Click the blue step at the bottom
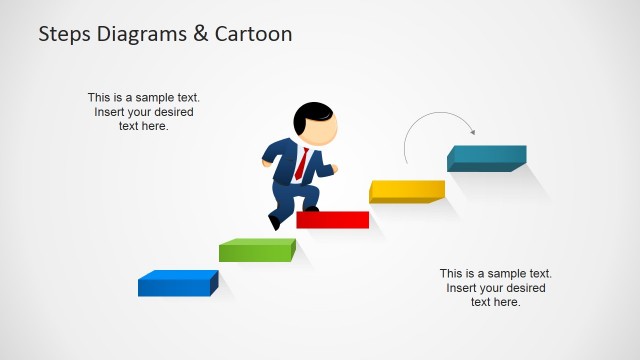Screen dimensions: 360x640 click(177, 284)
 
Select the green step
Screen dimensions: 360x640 click(257, 249)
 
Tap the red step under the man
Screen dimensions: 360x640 click(333, 220)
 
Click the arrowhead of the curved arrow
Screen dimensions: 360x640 click(472, 131)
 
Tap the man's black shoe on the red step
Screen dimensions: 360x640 click(310, 209)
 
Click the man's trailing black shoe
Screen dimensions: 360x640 click(274, 222)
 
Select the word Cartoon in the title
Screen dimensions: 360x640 click(254, 34)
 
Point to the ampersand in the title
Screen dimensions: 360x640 click(202, 34)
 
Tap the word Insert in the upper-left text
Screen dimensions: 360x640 click(112, 112)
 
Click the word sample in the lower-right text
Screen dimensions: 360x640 click(506, 273)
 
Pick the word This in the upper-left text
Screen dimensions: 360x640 click(100, 98)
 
